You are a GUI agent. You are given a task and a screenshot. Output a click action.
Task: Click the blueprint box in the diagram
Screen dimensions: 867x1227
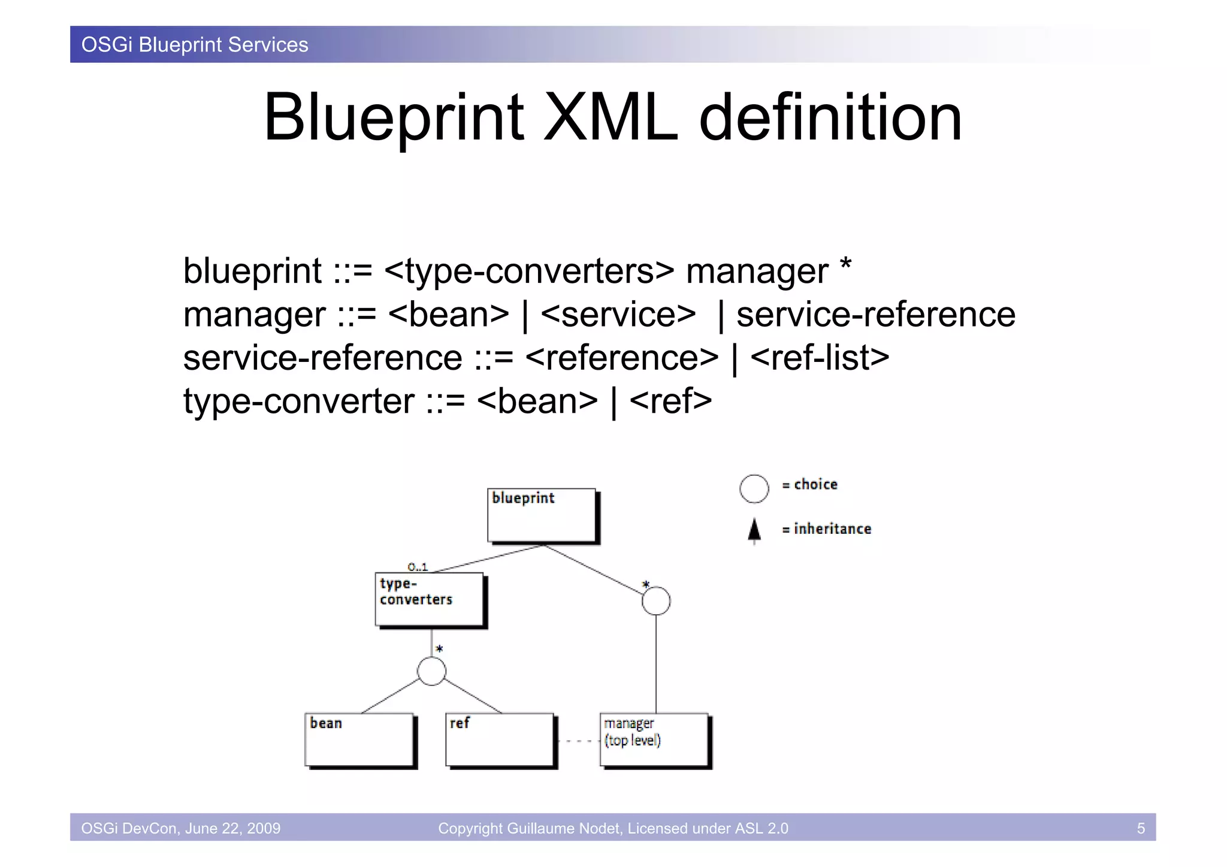[x=542, y=515]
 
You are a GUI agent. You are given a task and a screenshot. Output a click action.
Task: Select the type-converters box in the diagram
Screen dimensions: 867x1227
[x=429, y=599]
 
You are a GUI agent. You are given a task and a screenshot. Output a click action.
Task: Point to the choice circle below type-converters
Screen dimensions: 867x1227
[x=431, y=671]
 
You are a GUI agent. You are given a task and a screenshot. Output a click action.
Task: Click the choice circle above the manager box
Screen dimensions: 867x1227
[x=656, y=601]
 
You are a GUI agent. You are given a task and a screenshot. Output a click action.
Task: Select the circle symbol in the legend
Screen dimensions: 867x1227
[x=754, y=488]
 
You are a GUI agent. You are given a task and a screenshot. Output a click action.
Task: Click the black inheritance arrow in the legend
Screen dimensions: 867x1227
[x=754, y=530]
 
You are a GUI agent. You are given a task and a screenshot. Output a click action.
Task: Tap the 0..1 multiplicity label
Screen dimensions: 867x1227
[x=418, y=566]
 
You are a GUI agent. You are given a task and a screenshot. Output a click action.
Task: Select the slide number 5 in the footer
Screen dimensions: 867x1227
[x=1141, y=828]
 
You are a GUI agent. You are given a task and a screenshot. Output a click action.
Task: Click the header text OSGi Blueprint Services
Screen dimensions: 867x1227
[x=195, y=45]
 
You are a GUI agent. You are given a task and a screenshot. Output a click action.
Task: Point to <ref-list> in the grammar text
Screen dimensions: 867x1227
[x=819, y=358]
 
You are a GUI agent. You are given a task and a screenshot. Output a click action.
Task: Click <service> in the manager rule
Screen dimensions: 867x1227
[x=618, y=315]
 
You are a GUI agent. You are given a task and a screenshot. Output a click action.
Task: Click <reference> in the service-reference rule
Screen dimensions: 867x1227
[x=621, y=358]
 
